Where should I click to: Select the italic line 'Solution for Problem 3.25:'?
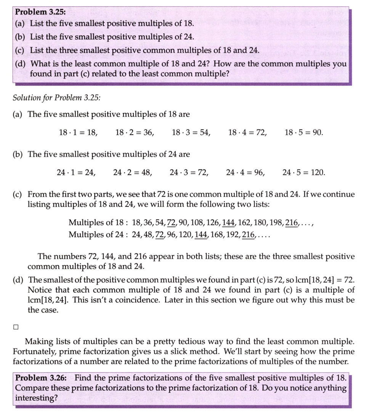[57, 97]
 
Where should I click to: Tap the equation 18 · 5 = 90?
[303, 132]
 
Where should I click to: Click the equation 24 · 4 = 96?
[245, 172]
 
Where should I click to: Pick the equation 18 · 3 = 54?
[191, 132]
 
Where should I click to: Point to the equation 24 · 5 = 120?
[304, 172]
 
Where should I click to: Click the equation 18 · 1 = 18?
[78, 132]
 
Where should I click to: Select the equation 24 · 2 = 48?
[133, 172]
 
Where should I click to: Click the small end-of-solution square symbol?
[15, 327]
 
